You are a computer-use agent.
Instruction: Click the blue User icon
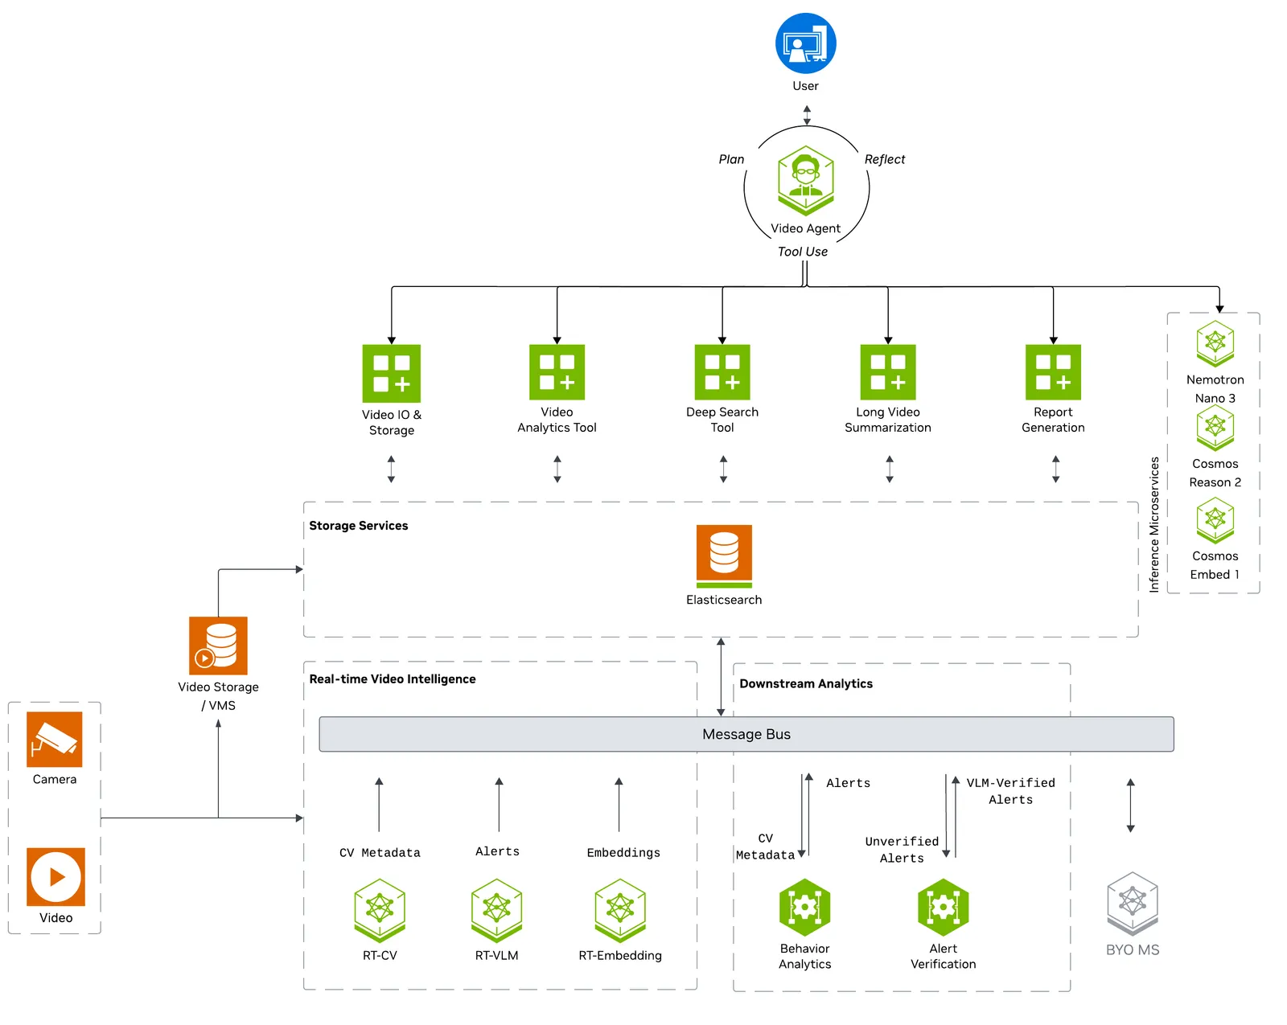click(805, 43)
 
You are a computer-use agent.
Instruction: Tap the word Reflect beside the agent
click(885, 159)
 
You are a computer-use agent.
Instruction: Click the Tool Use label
click(803, 252)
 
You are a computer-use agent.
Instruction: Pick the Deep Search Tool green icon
click(722, 371)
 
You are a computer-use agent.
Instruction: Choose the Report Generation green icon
click(1053, 371)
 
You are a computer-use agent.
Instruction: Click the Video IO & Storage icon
click(392, 373)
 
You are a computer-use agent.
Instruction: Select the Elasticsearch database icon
click(724, 556)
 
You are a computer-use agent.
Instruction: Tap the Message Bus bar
click(746, 734)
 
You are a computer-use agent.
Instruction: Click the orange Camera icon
click(55, 740)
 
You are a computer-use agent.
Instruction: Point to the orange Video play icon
click(56, 877)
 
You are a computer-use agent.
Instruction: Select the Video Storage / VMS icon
click(218, 646)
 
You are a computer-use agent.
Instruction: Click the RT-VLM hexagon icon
click(497, 910)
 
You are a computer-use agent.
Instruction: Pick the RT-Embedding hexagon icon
click(620, 910)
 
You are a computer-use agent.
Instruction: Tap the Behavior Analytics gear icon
click(805, 908)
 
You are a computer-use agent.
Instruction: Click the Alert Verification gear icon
click(943, 908)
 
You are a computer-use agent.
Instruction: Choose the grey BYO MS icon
click(1133, 904)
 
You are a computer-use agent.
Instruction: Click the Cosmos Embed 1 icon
click(1215, 521)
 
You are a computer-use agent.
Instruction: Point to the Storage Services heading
click(358, 525)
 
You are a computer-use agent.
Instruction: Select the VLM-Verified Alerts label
click(1011, 791)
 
